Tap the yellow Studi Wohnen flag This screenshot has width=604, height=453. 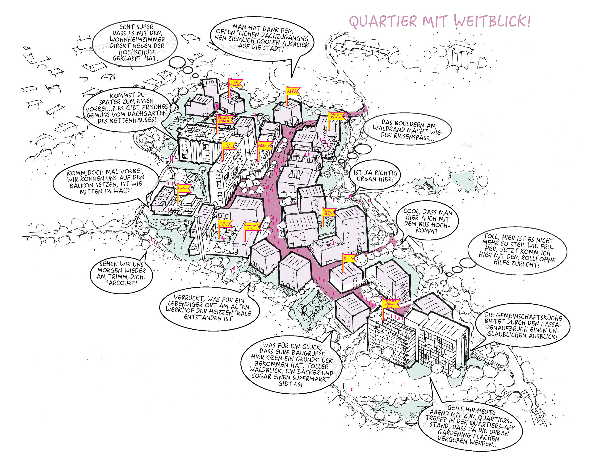235,83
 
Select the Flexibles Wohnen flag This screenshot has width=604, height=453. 224,119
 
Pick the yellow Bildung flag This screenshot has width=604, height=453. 264,146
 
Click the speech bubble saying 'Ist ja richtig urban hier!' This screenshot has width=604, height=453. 375,176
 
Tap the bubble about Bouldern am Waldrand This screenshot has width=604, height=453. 407,130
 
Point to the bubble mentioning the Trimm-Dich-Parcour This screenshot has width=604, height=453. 121,273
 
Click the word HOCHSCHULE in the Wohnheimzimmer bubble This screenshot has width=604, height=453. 137,52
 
